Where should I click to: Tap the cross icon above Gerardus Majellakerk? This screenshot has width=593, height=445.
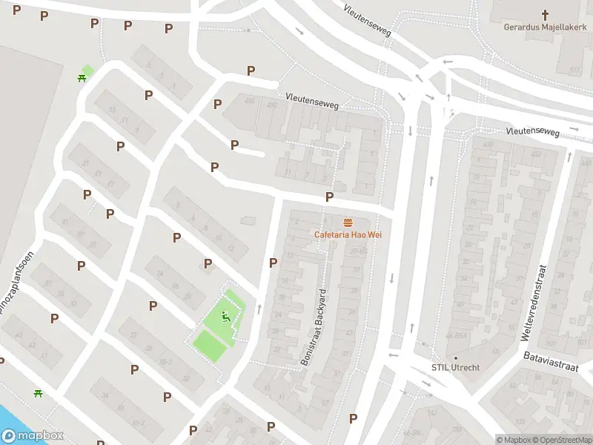click(x=546, y=14)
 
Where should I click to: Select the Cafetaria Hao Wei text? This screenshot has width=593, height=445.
click(x=348, y=235)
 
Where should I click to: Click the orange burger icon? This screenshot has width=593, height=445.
click(x=348, y=222)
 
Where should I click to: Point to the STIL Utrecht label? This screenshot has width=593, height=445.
click(x=455, y=368)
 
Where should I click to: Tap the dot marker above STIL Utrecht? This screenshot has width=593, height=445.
click(x=455, y=358)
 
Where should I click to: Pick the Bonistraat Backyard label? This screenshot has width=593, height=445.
click(x=313, y=327)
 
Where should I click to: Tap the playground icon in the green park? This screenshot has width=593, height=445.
click(x=227, y=318)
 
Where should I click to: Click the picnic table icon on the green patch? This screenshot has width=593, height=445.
click(x=83, y=77)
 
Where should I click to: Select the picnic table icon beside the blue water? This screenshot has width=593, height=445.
click(x=37, y=393)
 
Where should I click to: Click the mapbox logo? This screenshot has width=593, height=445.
click(x=33, y=436)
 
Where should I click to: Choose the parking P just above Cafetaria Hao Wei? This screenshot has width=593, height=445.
click(x=328, y=197)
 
